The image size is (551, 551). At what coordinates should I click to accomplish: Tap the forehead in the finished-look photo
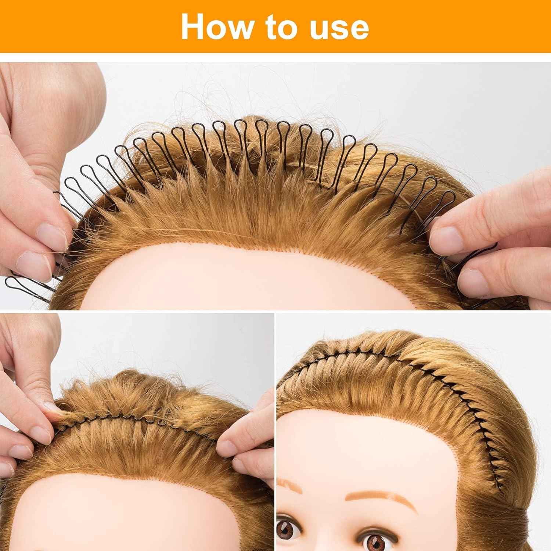pyautogui.click(x=367, y=441)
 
